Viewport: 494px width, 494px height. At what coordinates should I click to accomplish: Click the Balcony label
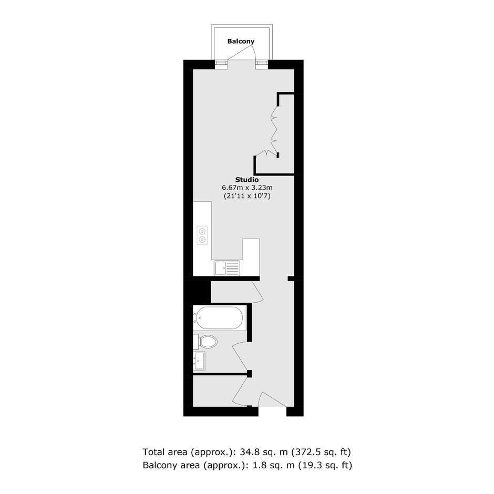(x=241, y=42)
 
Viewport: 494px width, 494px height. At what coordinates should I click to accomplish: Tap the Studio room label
(x=247, y=180)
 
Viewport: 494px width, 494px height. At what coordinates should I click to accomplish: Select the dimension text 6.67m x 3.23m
(x=248, y=188)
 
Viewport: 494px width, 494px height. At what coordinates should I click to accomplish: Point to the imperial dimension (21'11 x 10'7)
(x=248, y=196)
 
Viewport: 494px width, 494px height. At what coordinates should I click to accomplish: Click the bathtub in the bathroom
(x=219, y=318)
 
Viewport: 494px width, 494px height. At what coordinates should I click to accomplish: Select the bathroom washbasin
(x=199, y=361)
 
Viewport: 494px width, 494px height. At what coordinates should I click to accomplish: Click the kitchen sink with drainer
(x=227, y=268)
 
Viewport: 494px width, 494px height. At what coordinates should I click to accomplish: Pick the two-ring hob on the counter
(x=202, y=235)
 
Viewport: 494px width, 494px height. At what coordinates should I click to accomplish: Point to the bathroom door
(x=240, y=357)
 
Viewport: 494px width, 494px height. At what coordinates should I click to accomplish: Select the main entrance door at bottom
(x=272, y=399)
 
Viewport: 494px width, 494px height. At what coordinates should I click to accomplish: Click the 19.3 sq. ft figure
(x=325, y=465)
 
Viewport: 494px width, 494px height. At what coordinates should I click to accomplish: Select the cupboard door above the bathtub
(x=258, y=292)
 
